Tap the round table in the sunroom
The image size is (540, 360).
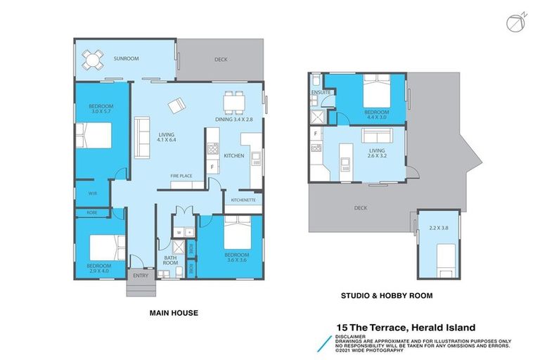click(x=92, y=60)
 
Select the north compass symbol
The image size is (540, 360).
click(x=515, y=22)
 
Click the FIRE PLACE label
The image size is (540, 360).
click(x=182, y=175)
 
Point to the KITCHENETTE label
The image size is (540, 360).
click(x=243, y=200)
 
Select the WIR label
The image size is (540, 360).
click(x=92, y=193)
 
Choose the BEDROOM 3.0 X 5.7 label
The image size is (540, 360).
click(x=99, y=108)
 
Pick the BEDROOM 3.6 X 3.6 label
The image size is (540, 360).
click(x=237, y=257)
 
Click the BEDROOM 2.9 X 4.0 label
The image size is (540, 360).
click(x=99, y=268)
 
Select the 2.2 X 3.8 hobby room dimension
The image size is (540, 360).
click(x=437, y=228)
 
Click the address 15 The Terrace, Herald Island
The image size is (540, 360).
click(x=406, y=327)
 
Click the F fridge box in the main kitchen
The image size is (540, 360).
click(x=212, y=167)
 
